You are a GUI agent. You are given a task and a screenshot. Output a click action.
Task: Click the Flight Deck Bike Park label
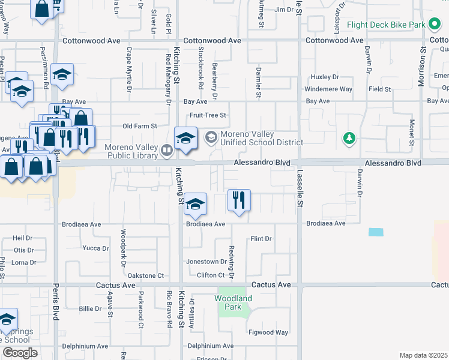click(385, 25)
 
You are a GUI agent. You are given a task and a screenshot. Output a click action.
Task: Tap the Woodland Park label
click(233, 302)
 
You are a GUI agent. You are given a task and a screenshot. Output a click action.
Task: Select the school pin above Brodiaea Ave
click(194, 204)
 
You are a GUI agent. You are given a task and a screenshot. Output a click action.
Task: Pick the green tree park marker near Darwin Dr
click(349, 139)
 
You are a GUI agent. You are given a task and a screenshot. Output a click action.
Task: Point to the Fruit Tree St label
click(208, 115)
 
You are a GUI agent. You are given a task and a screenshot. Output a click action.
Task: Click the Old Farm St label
click(139, 126)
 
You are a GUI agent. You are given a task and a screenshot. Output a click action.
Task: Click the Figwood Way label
click(270, 332)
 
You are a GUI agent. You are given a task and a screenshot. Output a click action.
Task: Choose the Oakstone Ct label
click(143, 275)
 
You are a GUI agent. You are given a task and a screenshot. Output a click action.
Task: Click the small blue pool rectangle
click(376, 232)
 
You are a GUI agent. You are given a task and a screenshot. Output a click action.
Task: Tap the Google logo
click(20, 353)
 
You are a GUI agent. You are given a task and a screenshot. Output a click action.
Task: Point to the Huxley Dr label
click(324, 77)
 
